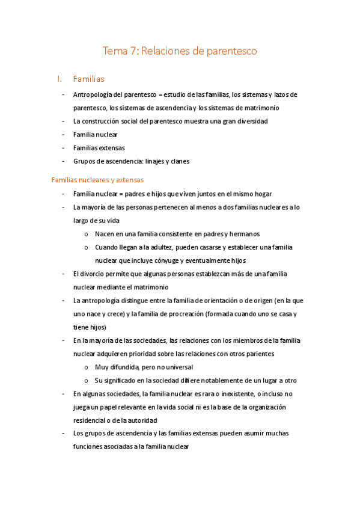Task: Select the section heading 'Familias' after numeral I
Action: [89, 79]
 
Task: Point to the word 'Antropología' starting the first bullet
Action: [93, 95]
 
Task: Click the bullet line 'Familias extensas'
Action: [99, 147]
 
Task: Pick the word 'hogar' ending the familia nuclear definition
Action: [262, 194]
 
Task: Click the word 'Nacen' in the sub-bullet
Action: [105, 234]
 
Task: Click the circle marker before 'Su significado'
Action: [88, 381]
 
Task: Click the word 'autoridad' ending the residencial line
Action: [141, 420]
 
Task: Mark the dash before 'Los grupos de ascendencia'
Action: [64, 434]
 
